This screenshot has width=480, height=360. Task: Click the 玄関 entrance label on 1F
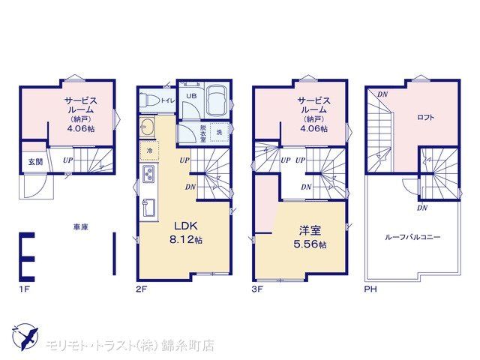[x=35, y=162]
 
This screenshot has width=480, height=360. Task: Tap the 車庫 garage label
[x=81, y=227]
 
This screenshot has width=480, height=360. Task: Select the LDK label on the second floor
[x=186, y=226]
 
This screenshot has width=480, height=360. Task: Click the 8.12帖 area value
[x=186, y=240]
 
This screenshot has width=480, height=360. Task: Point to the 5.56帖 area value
[x=310, y=244]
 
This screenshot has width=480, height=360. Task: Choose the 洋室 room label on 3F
[x=310, y=230]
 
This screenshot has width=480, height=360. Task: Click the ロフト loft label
[x=425, y=117]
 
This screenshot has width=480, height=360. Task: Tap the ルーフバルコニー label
[x=412, y=237]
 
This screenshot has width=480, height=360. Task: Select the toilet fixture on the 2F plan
[x=149, y=100]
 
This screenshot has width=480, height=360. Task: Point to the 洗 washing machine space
[x=219, y=132]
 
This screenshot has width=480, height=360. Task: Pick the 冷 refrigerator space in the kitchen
[x=149, y=151]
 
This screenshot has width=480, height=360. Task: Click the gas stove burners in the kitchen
[x=149, y=173]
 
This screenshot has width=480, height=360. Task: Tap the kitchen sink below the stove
[x=148, y=208]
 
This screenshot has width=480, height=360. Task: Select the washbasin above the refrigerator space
[x=148, y=127]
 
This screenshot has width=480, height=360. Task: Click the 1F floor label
[x=24, y=289]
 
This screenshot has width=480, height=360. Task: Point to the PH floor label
[x=370, y=289]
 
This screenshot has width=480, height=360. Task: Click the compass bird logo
[x=25, y=338]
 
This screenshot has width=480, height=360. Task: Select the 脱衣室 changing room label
[x=203, y=133]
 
